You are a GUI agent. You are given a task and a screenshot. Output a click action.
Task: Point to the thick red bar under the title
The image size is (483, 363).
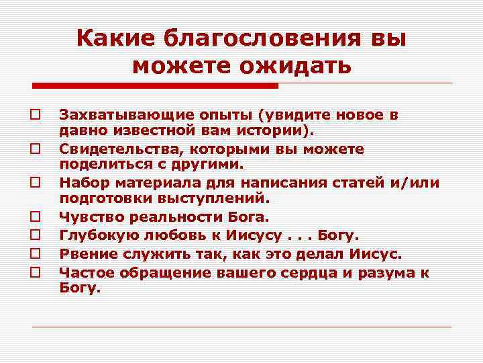[x=156, y=86]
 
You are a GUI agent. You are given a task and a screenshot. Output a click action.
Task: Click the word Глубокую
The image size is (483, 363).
[x=94, y=236]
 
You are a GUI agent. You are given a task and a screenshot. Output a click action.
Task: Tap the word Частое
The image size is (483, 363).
[x=85, y=273]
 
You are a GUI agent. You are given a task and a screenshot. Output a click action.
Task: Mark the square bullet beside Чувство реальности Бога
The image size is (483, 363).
[x=32, y=218]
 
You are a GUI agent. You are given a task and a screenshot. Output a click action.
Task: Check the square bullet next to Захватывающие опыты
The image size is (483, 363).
[x=32, y=115]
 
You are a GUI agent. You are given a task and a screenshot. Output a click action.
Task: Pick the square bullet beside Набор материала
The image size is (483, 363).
[x=32, y=183]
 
